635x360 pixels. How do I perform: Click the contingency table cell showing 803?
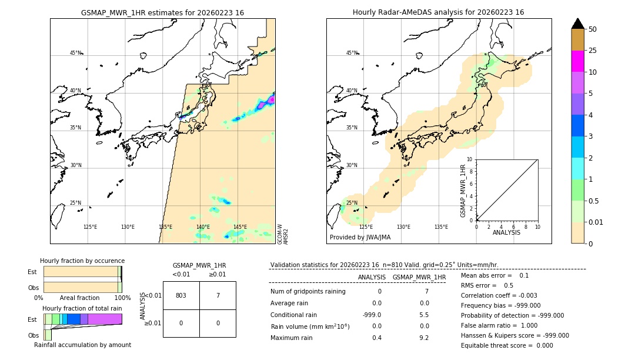point(181,295)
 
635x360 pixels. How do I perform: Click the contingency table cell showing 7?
point(218,295)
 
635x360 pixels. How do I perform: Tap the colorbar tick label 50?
point(593,29)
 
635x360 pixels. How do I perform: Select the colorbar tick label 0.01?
point(597,222)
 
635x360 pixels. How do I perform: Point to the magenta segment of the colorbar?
point(578,61)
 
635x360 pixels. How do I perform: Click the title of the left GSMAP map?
point(162,12)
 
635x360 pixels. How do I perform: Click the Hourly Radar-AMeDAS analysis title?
point(439,12)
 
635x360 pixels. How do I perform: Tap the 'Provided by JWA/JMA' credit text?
point(360,237)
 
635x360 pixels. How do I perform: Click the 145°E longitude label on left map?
point(240,227)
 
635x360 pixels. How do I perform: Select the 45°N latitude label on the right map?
point(352,53)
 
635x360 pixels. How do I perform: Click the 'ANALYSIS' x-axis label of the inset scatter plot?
point(507,232)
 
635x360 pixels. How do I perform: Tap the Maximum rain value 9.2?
point(425,338)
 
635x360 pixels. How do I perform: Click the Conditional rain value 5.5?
point(425,315)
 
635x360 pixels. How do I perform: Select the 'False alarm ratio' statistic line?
point(499,325)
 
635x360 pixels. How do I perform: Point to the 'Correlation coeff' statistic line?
point(499,295)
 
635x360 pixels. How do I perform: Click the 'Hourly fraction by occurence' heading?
point(82,261)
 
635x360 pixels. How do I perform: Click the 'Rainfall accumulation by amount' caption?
point(82,345)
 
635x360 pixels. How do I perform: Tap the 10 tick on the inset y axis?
point(469,159)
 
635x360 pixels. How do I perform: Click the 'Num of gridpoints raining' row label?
point(308,292)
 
